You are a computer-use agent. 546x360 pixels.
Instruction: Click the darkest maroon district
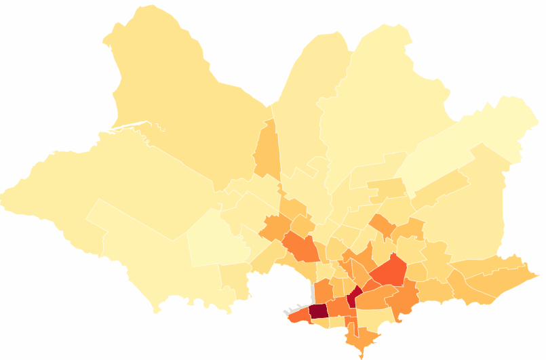(x=318, y=311)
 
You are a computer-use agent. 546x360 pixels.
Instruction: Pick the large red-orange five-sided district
(x=389, y=271)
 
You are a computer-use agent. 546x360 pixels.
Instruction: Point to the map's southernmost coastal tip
(x=362, y=356)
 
